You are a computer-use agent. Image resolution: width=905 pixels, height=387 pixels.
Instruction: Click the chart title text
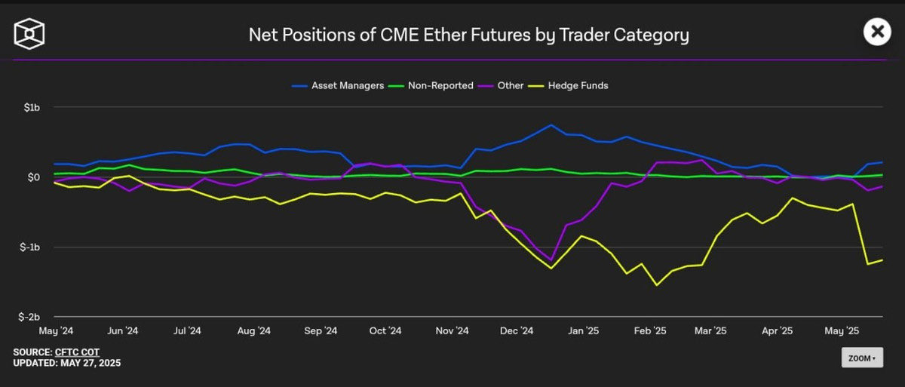[468, 35]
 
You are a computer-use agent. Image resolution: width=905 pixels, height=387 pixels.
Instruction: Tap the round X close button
[876, 32]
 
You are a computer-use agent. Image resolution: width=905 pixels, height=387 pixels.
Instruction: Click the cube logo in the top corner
[29, 33]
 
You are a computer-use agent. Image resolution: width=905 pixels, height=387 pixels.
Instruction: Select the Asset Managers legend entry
[338, 85]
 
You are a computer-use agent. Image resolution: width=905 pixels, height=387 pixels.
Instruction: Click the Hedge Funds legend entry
[571, 85]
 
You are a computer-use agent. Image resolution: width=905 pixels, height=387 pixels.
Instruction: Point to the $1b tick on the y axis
[31, 108]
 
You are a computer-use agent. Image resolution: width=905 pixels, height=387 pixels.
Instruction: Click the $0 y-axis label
[34, 177]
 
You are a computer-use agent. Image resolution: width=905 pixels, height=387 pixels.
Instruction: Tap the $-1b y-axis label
[29, 247]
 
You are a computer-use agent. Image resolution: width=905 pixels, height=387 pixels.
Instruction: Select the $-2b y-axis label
[29, 318]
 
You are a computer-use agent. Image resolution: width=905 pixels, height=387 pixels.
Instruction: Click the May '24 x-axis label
[57, 330]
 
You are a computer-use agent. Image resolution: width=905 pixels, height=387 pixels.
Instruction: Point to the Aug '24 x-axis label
[253, 330]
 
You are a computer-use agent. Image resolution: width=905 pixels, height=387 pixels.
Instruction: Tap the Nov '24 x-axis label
[452, 330]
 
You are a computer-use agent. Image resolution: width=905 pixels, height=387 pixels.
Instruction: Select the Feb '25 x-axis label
[649, 330]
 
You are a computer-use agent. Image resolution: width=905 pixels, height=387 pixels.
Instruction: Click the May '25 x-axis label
[842, 330]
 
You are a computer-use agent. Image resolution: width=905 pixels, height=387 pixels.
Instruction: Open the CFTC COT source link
[78, 352]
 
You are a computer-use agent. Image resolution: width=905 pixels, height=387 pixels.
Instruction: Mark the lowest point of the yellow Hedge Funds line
[657, 285]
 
